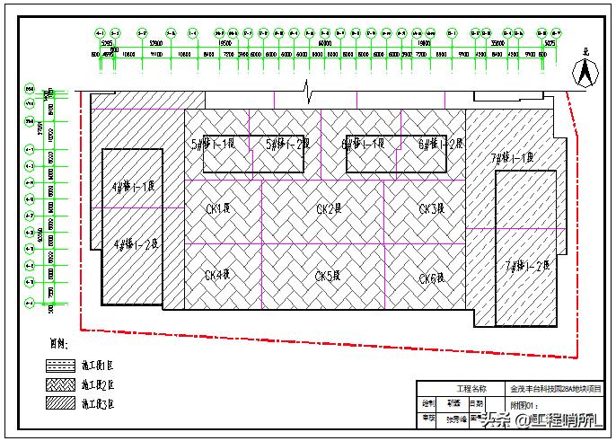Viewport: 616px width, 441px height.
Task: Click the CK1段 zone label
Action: pyautogui.click(x=218, y=208)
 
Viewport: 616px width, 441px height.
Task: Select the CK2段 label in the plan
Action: pyautogui.click(x=329, y=208)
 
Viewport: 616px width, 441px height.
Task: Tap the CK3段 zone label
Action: pyautogui.click(x=431, y=208)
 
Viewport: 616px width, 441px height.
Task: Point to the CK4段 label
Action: pyautogui.click(x=218, y=275)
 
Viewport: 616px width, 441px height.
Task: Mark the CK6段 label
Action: pyautogui.click(x=431, y=278)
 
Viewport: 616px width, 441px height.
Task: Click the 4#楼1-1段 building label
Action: pyautogui.click(x=134, y=188)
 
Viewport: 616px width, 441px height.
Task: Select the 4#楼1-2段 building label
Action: pyautogui.click(x=136, y=243)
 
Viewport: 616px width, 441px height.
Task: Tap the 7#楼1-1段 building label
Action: pyautogui.click(x=512, y=158)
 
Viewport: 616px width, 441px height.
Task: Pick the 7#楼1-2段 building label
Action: pyautogui.click(x=526, y=265)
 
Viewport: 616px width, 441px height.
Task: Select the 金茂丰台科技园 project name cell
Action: pyautogui.click(x=556, y=389)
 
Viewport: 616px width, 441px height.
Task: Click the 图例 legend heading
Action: pyautogui.click(x=59, y=343)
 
